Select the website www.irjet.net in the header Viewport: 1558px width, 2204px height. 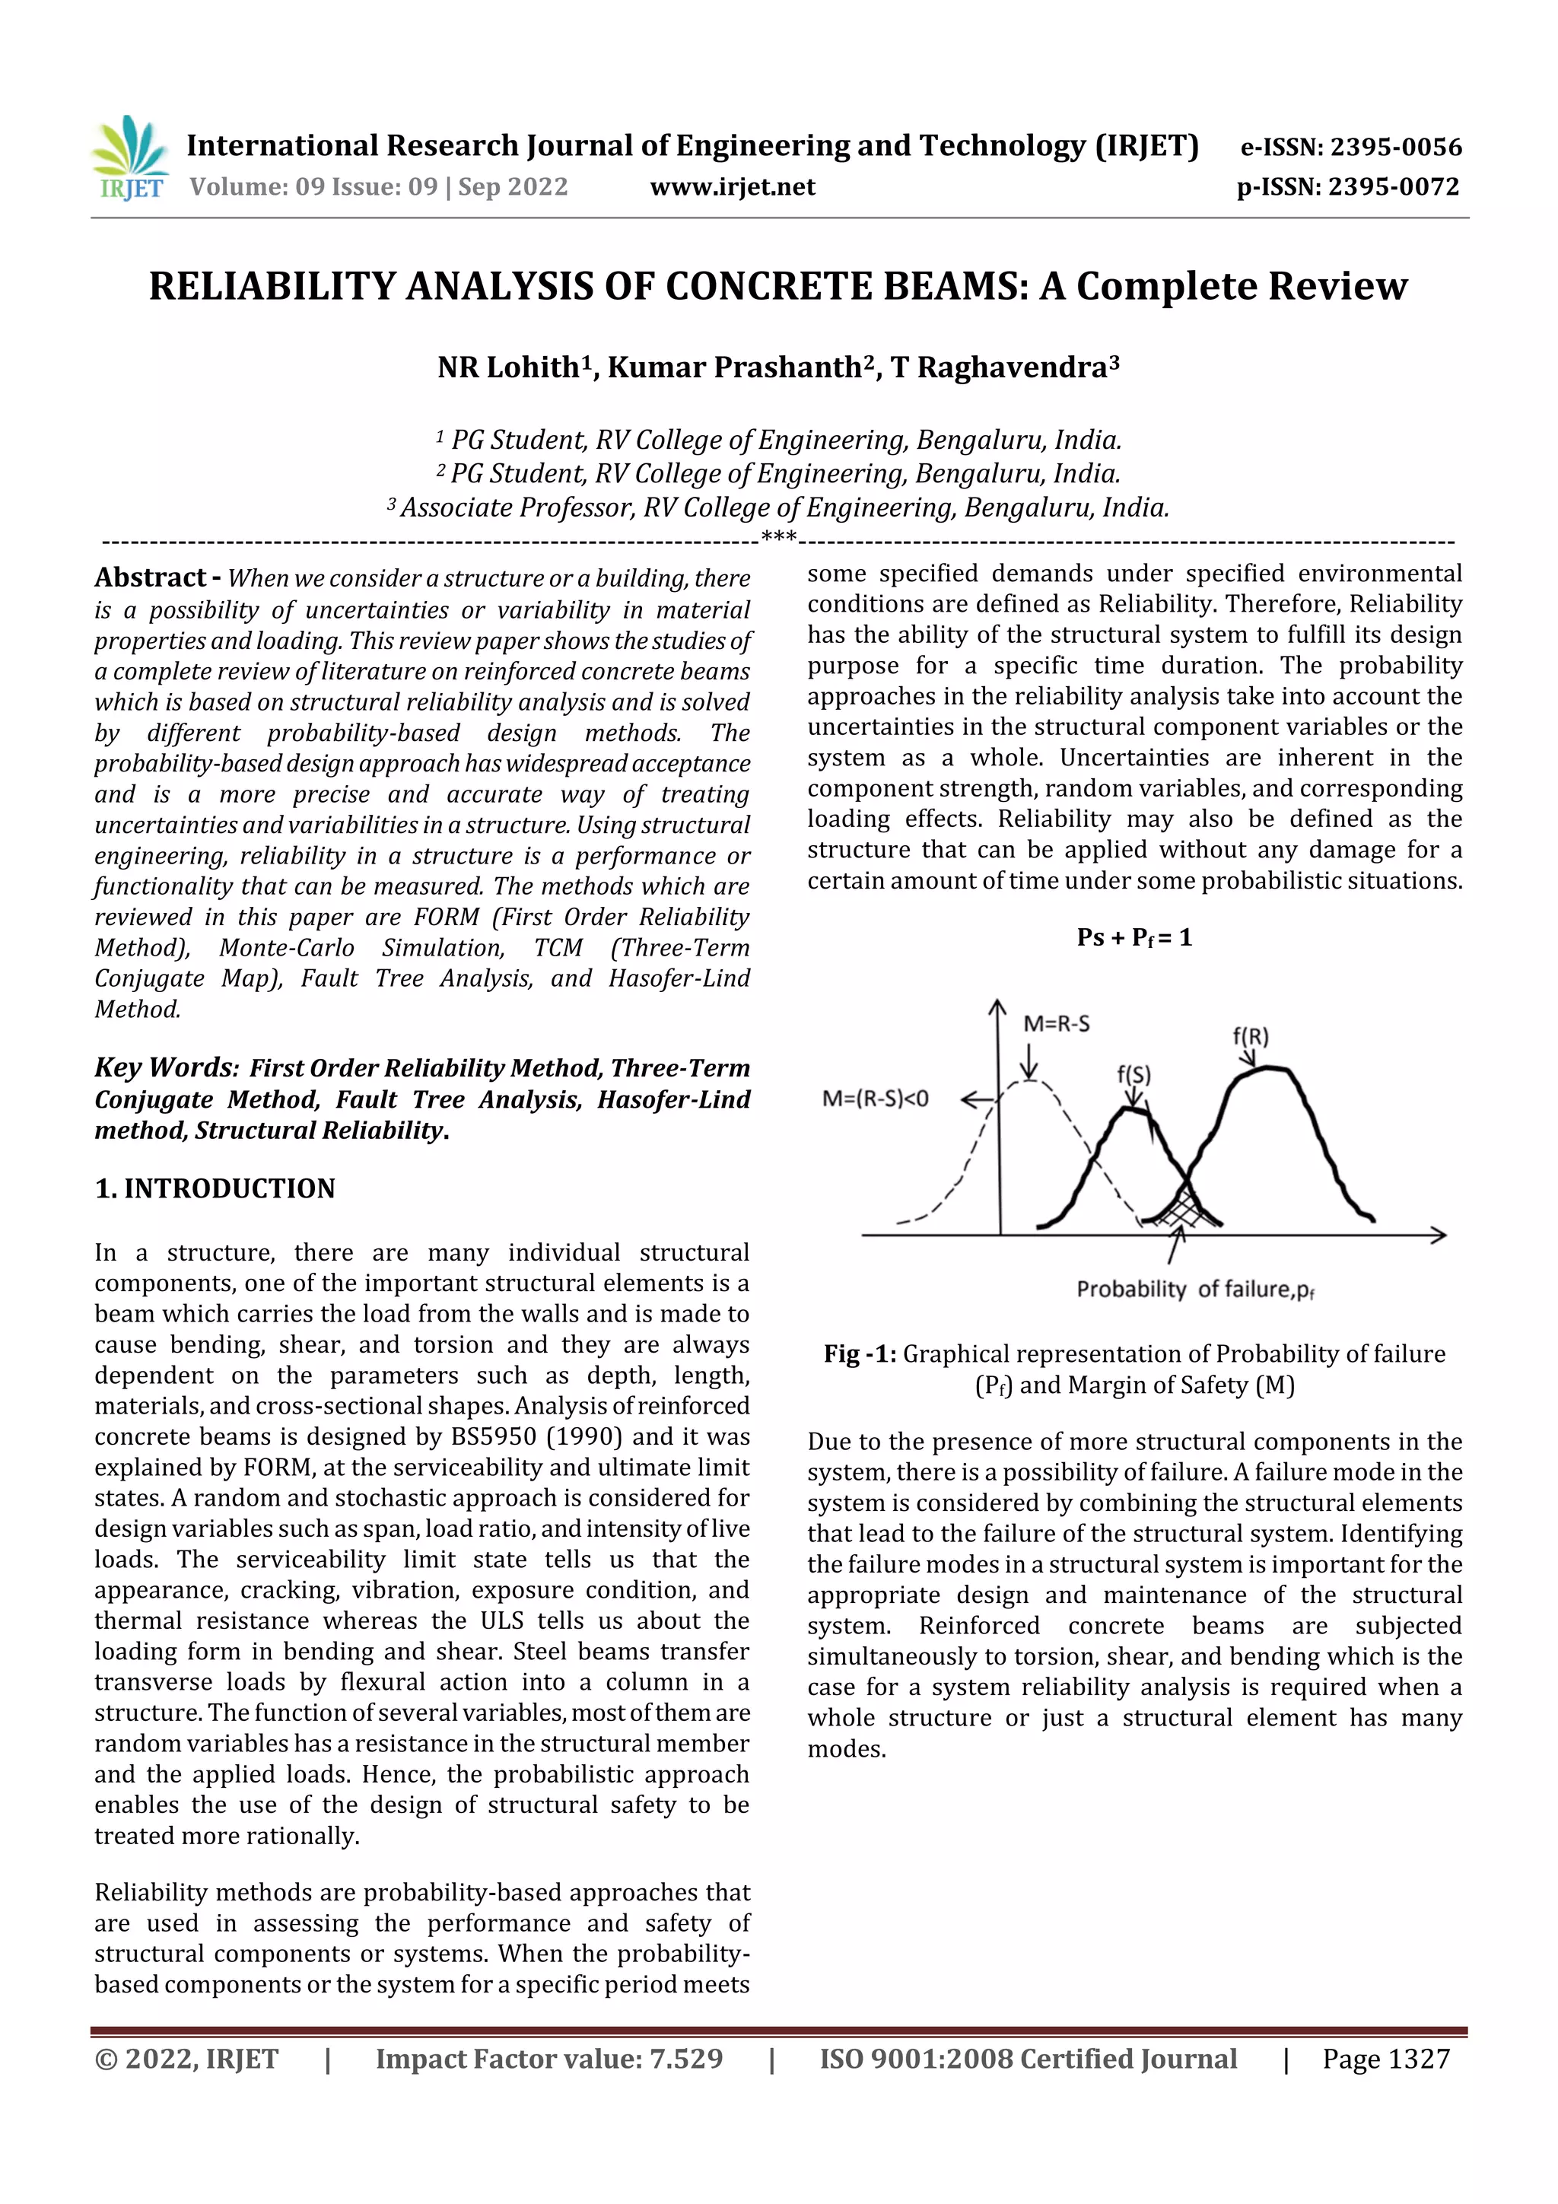click(x=733, y=187)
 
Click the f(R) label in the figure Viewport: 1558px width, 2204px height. click(x=1250, y=1037)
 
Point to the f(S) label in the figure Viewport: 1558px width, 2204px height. click(x=1134, y=1075)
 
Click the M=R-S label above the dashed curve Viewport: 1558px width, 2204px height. click(x=1056, y=1024)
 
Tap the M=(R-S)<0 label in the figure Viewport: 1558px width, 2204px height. click(x=876, y=1098)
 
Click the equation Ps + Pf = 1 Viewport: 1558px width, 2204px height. click(x=1134, y=938)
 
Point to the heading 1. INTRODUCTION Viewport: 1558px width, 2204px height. click(x=215, y=1188)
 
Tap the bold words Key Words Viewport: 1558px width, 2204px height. click(x=165, y=1067)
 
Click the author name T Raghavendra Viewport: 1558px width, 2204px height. click(x=1003, y=367)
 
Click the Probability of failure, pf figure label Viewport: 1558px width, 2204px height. click(x=1195, y=1290)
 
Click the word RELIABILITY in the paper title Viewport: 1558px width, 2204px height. click(x=272, y=286)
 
